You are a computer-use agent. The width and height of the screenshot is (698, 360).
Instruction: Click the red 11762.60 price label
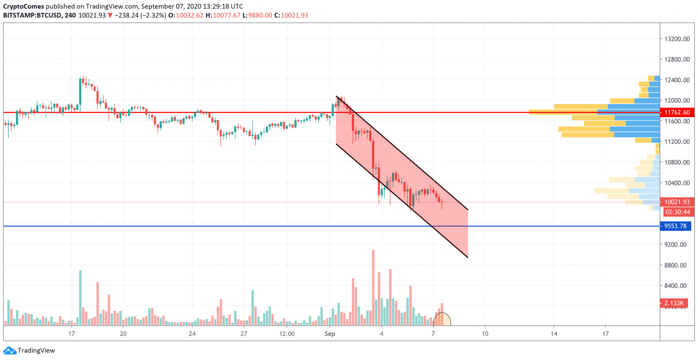(677, 112)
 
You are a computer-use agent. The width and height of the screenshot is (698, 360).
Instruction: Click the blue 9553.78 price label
(675, 226)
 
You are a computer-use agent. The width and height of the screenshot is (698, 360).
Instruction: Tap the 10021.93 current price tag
(677, 202)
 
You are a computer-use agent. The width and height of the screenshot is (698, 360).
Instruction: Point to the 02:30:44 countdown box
(677, 212)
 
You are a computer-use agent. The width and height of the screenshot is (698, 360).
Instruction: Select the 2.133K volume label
(674, 303)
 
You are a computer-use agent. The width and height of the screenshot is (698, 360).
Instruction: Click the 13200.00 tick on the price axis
(677, 39)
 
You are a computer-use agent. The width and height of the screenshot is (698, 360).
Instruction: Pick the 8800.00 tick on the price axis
(675, 265)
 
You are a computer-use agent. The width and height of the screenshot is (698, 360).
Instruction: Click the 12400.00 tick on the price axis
(677, 80)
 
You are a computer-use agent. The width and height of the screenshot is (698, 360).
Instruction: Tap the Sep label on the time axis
(329, 334)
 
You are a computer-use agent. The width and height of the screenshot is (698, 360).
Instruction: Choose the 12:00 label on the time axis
(287, 334)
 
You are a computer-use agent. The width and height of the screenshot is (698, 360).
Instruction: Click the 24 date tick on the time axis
(192, 334)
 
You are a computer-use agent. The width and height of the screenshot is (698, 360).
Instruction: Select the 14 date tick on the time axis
(554, 334)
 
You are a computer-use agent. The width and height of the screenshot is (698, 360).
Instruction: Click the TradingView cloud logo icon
(9, 351)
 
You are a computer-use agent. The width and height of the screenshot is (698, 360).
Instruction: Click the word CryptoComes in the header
(23, 6)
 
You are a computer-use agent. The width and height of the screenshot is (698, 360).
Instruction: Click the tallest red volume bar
(373, 288)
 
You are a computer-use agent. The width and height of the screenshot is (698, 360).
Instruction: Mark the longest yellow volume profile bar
(563, 112)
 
